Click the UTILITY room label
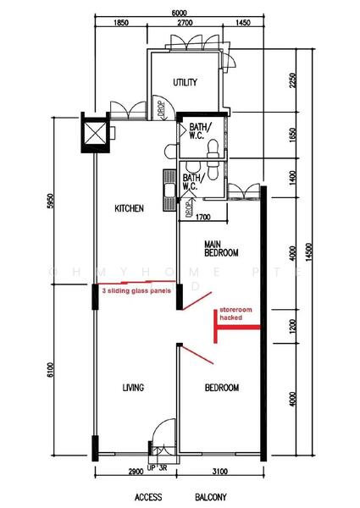[186, 83]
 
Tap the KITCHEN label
[130, 208]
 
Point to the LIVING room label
[132, 388]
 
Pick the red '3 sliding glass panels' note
[136, 290]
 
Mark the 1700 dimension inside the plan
[202, 218]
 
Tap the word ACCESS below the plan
[149, 496]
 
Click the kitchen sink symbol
[169, 187]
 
